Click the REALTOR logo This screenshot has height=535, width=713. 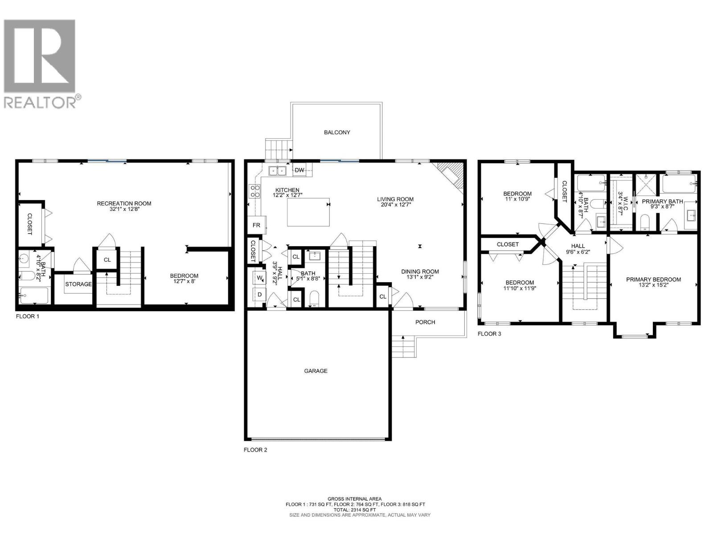pyautogui.click(x=42, y=62)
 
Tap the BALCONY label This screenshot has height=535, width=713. pyautogui.click(x=337, y=132)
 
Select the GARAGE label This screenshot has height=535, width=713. pyautogui.click(x=316, y=371)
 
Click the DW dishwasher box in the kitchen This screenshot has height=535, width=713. pyautogui.click(x=299, y=170)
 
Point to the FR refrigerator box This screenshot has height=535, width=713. pyautogui.click(x=257, y=225)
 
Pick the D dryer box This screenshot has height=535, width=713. pyautogui.click(x=259, y=295)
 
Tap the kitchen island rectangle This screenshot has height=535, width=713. pyautogui.click(x=308, y=213)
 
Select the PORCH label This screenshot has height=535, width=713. pyautogui.click(x=425, y=322)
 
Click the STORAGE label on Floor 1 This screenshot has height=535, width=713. pyautogui.click(x=78, y=284)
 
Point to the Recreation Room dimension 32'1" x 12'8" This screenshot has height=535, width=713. pyautogui.click(x=124, y=209)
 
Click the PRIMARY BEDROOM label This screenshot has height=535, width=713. pyautogui.click(x=653, y=280)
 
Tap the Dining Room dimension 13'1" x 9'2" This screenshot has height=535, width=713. pyautogui.click(x=420, y=277)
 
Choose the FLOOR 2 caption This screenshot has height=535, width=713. pyautogui.click(x=255, y=450)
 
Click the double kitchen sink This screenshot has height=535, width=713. pyautogui.click(x=278, y=170)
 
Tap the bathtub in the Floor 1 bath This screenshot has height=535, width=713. pyautogui.click(x=34, y=296)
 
